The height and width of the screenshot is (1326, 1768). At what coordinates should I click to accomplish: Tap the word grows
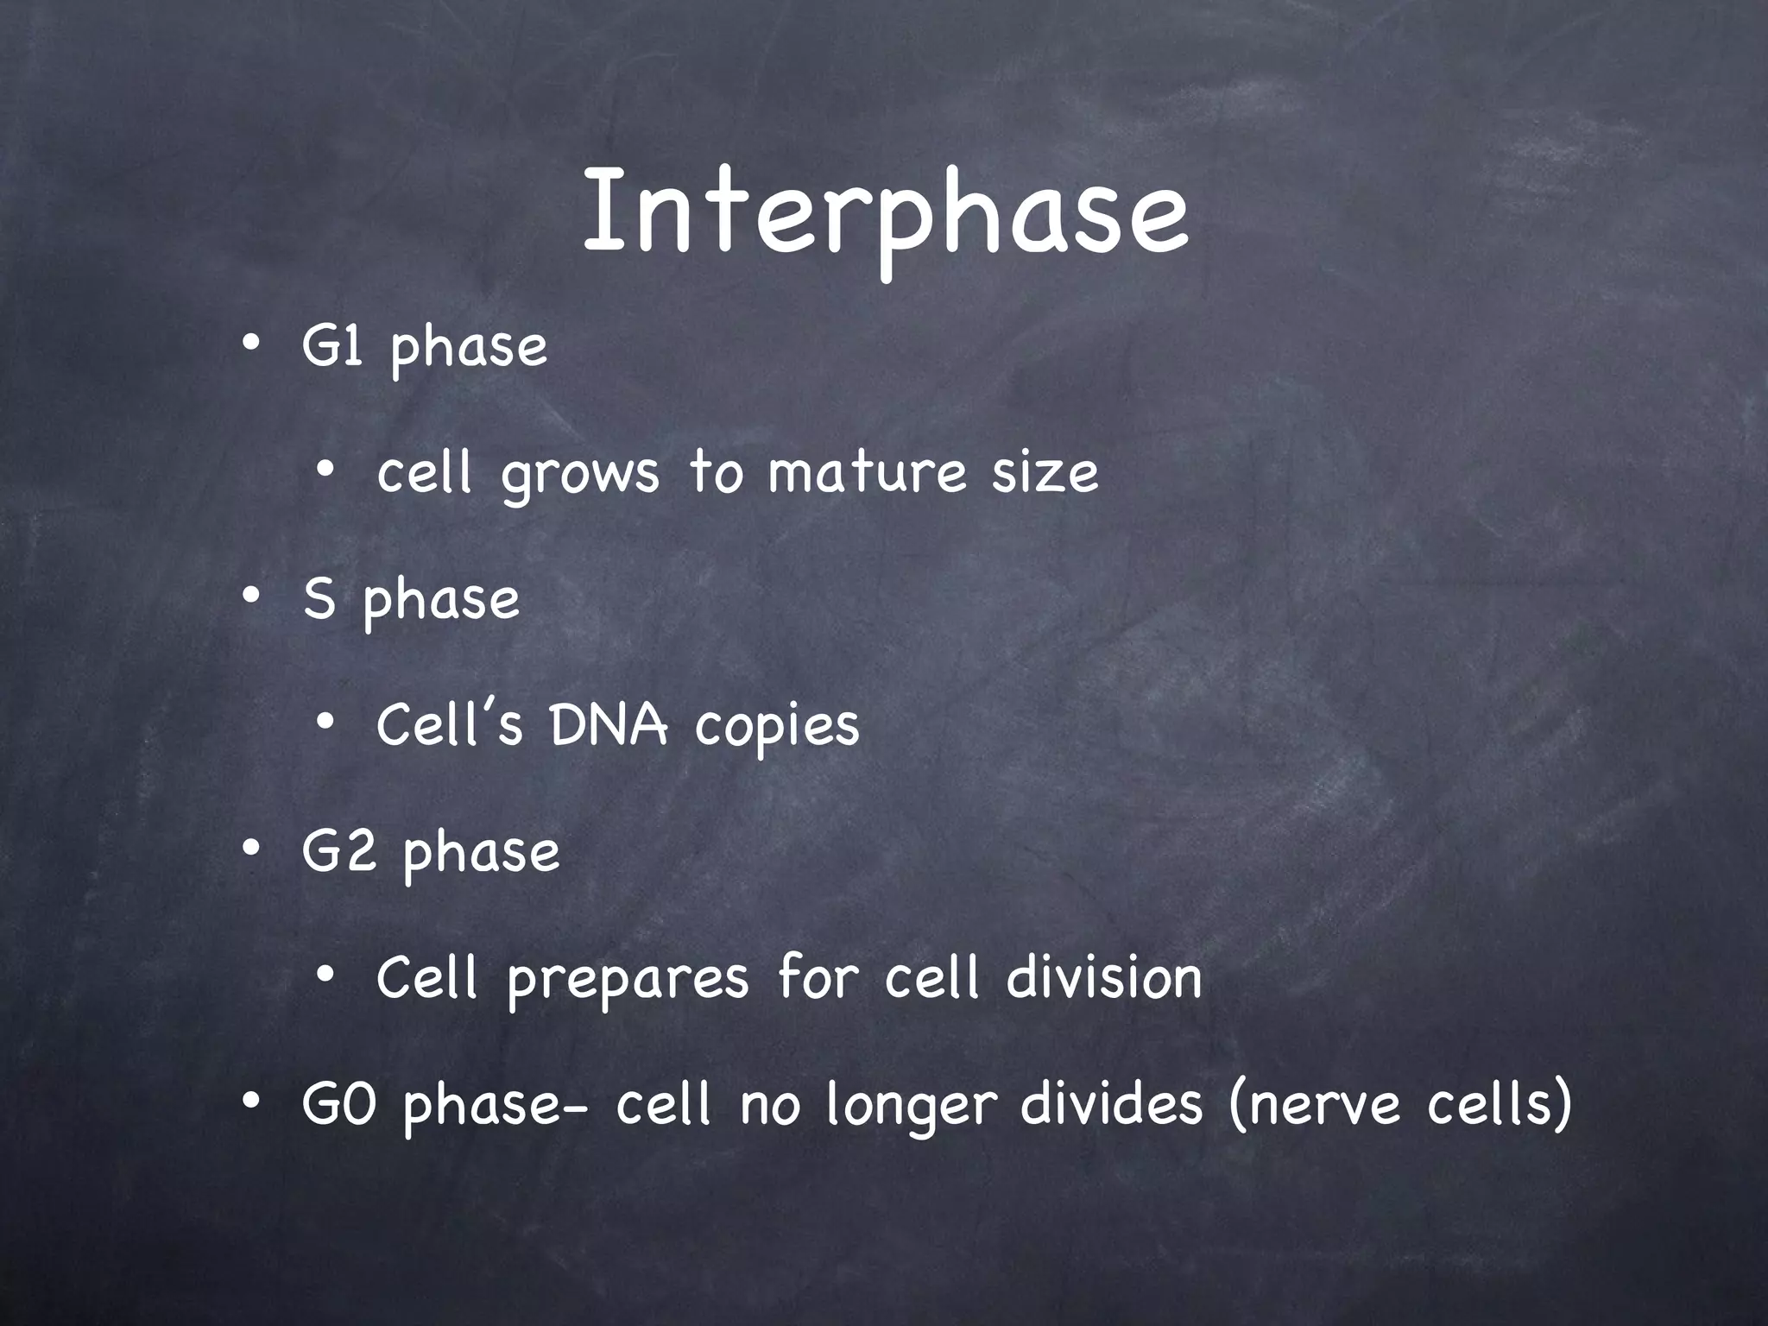click(579, 475)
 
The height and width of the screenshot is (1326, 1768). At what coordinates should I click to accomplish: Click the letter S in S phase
click(319, 599)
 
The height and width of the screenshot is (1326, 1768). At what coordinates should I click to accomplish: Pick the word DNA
click(609, 725)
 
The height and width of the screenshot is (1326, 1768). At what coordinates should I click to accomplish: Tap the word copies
click(777, 728)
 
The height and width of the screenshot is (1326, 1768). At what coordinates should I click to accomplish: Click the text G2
click(338, 851)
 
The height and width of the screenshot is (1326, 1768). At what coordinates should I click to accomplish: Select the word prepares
click(628, 980)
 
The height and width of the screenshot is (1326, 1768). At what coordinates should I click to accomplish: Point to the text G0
click(338, 1104)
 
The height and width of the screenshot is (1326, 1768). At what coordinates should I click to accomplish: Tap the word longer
click(912, 1107)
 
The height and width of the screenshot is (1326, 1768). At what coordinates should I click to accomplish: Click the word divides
click(1111, 1104)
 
